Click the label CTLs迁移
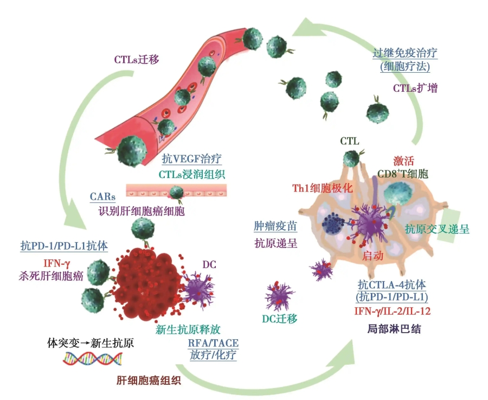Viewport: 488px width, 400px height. coord(136,59)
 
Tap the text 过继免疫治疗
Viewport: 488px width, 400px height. coord(405,53)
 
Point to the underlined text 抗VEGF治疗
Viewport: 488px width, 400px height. coord(192,160)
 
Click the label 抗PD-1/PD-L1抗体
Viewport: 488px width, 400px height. coord(64,246)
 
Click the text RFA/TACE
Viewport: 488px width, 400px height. coord(213,343)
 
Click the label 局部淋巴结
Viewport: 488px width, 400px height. coord(384,329)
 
